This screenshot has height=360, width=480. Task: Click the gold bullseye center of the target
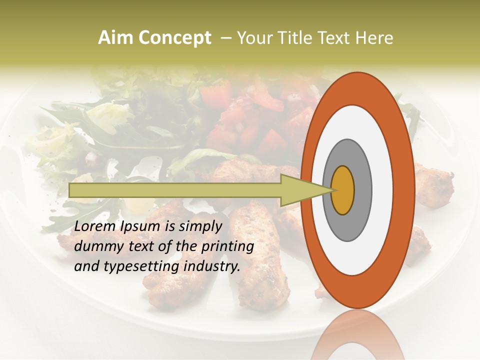coord(343,190)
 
